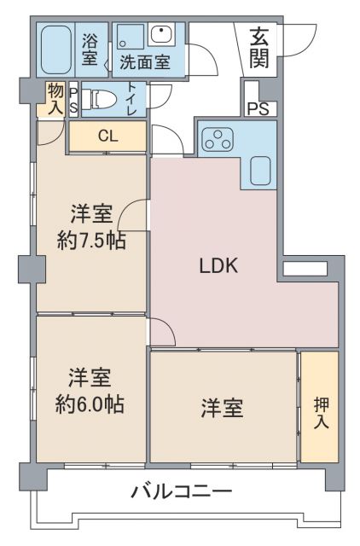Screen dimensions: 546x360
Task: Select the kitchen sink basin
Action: tap(261, 171)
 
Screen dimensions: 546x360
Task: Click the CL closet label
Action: tap(107, 136)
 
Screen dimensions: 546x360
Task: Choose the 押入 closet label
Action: tap(319, 411)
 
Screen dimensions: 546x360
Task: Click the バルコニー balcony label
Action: tap(181, 491)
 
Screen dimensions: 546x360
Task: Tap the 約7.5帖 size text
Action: tap(91, 241)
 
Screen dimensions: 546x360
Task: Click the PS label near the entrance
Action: tap(258, 108)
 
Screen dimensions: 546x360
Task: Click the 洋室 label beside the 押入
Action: tap(223, 409)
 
